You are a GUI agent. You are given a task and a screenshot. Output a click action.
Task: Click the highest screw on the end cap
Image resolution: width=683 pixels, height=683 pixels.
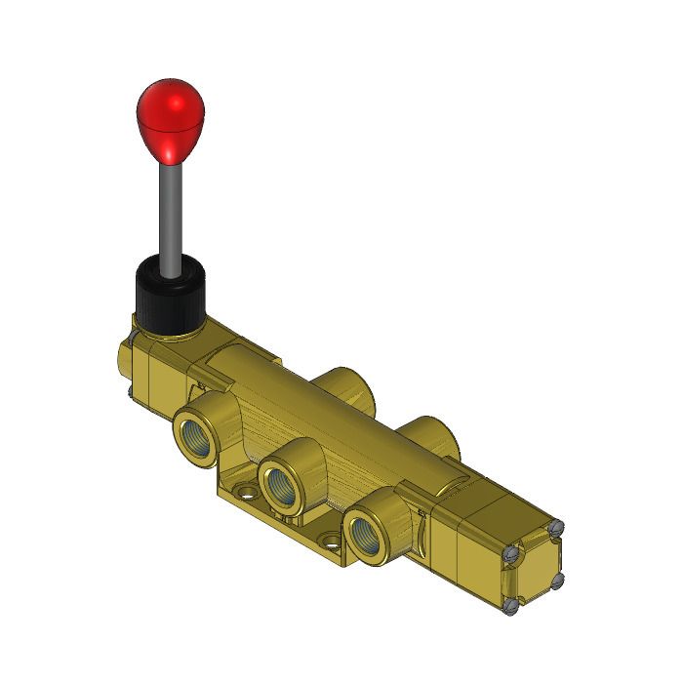pos(556,528)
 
